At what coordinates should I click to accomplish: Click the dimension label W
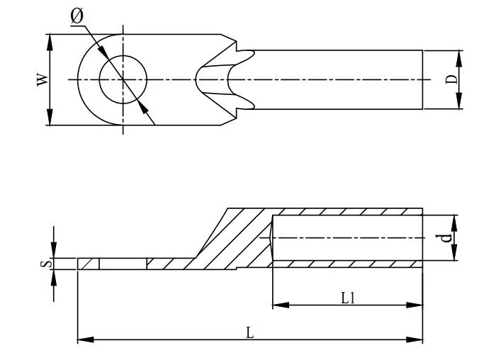43,79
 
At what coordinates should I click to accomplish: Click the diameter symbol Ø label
77,16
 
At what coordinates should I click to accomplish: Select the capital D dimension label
451,79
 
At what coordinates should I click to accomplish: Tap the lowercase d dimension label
446,237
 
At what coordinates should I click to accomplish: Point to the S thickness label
44,264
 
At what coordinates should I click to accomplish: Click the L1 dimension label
347,298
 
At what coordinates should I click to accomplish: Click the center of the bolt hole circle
123,79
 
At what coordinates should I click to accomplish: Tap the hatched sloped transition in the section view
227,241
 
